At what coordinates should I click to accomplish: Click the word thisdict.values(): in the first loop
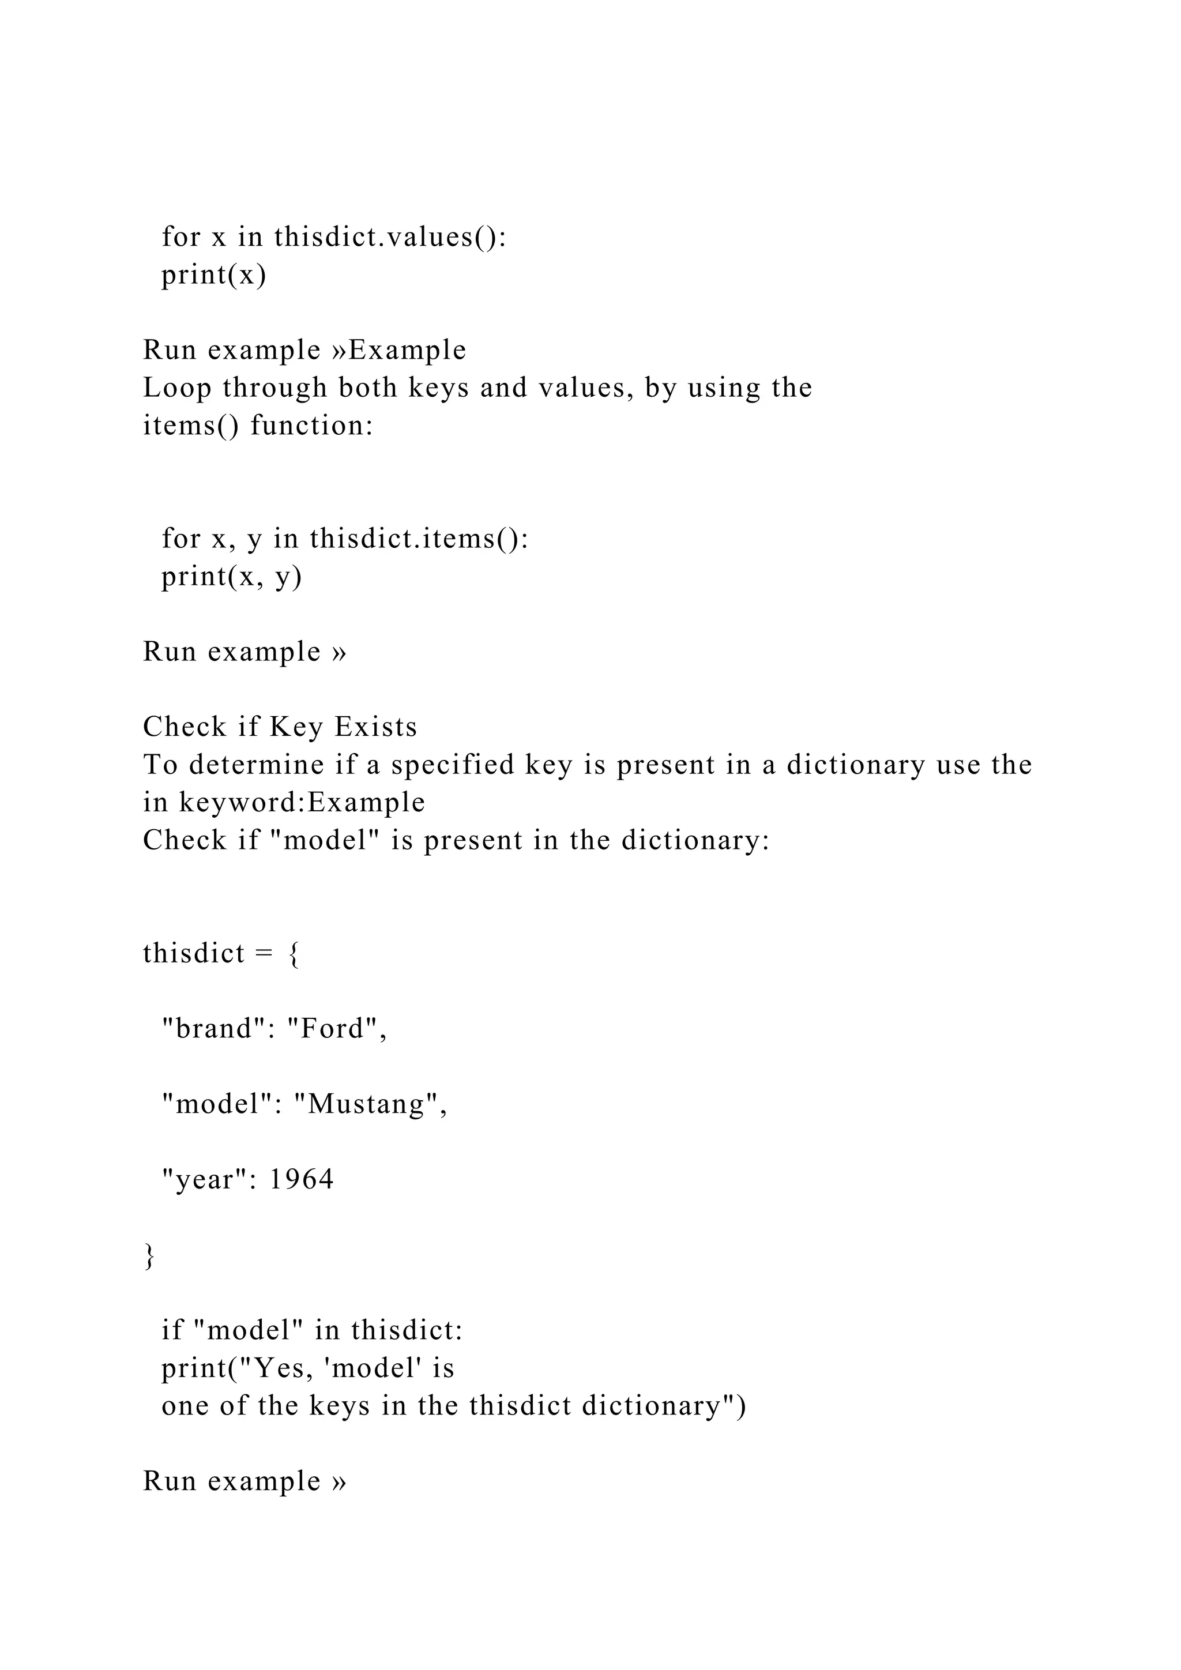pyautogui.click(x=390, y=237)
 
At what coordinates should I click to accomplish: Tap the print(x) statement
pyautogui.click(x=214, y=275)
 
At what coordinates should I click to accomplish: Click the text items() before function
pyautogui.click(x=190, y=426)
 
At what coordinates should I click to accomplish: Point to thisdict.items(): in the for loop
pyautogui.click(x=419, y=539)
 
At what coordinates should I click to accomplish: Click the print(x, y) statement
pyautogui.click(x=231, y=577)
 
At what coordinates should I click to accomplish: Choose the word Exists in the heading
pyautogui.click(x=376, y=727)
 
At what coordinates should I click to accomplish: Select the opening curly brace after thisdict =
pyautogui.click(x=294, y=954)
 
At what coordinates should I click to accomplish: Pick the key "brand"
pyautogui.click(x=215, y=1029)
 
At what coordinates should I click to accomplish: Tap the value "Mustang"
pyautogui.click(x=370, y=1105)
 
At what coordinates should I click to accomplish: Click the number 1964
pyautogui.click(x=302, y=1180)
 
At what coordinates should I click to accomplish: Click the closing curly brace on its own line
pyautogui.click(x=150, y=1256)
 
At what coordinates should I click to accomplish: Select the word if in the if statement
pyautogui.click(x=172, y=1330)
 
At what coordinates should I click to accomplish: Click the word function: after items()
pyautogui.click(x=312, y=426)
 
